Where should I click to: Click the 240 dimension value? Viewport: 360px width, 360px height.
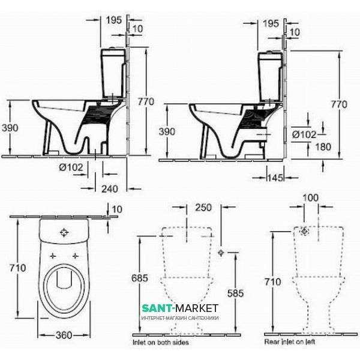110,189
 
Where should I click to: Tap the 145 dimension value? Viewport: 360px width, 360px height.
275,178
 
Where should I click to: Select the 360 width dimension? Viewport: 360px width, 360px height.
64,335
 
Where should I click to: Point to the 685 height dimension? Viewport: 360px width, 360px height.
140,278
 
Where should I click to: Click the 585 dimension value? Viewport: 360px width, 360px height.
235,293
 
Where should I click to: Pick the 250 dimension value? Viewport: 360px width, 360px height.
203,208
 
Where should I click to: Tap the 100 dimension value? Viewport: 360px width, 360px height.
310,197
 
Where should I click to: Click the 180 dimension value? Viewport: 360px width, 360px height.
323,147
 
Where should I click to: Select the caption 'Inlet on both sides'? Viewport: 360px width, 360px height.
161,343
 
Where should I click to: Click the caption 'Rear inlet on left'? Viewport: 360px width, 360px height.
290,341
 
